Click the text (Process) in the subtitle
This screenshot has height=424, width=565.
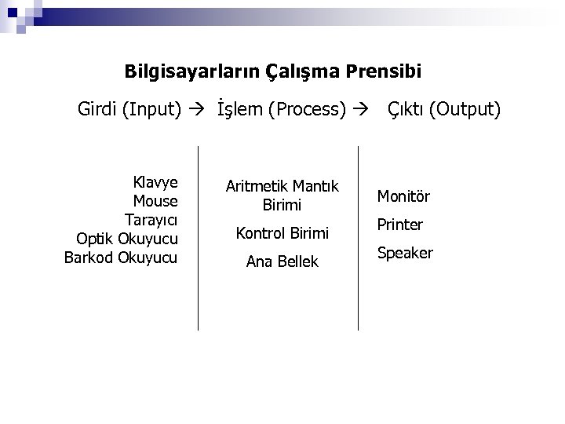pyautogui.click(x=307, y=108)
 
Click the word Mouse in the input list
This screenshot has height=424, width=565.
pyautogui.click(x=155, y=201)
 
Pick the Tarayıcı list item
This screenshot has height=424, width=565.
pyautogui.click(x=152, y=220)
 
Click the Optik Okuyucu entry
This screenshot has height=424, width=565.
pyautogui.click(x=127, y=239)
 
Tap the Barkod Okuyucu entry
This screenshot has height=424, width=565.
pyautogui.click(x=121, y=258)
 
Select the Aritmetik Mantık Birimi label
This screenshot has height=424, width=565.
pyautogui.click(x=282, y=196)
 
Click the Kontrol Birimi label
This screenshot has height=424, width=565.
pyautogui.click(x=282, y=233)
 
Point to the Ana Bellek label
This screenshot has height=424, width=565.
pyautogui.click(x=282, y=262)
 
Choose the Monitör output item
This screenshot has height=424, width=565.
pyautogui.click(x=403, y=196)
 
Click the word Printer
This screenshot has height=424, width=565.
pyautogui.click(x=400, y=225)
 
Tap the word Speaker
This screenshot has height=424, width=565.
pyautogui.click(x=405, y=254)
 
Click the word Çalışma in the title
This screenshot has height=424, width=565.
pyautogui.click(x=303, y=72)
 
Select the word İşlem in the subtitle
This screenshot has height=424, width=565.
pyautogui.click(x=239, y=108)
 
